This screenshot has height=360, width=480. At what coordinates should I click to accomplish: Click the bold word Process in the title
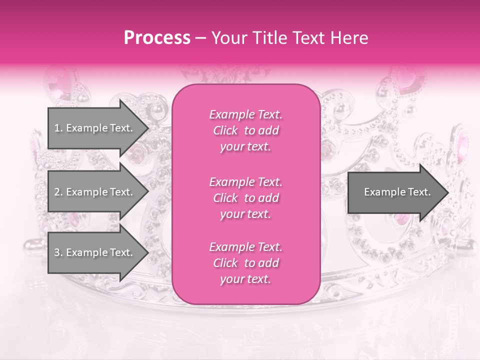[x=157, y=38]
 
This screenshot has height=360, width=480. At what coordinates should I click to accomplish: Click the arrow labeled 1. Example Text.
[x=95, y=128]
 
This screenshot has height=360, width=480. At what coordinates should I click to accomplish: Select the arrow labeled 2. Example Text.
[x=95, y=192]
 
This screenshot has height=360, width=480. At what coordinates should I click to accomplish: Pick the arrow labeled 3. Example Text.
[x=95, y=252]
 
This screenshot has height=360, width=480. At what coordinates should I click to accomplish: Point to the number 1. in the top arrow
[x=58, y=128]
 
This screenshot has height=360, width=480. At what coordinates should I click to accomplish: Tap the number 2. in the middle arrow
[x=58, y=192]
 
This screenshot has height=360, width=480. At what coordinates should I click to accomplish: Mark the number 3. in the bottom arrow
[x=58, y=252]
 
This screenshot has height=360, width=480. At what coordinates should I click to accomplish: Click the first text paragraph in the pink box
[x=245, y=130]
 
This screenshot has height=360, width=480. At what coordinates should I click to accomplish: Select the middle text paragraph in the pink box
[x=245, y=198]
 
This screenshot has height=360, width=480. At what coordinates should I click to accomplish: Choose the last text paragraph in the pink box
[x=245, y=263]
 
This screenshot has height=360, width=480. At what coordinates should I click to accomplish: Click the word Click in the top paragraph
[x=225, y=130]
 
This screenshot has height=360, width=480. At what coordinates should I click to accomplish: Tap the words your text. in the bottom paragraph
[x=245, y=279]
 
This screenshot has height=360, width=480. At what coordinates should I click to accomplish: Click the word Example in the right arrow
[x=382, y=192]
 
